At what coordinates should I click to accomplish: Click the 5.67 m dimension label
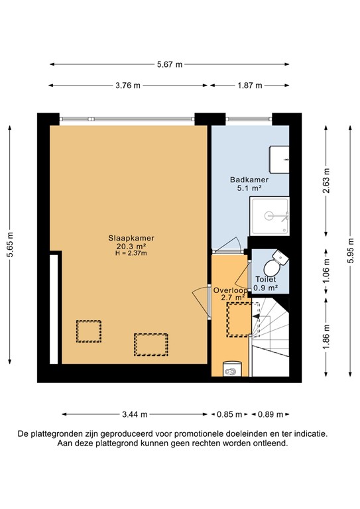(x=169, y=64)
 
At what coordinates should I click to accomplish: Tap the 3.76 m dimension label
(x=128, y=85)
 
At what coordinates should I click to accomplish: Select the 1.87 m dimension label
(x=250, y=85)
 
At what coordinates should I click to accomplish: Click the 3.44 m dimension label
(x=135, y=414)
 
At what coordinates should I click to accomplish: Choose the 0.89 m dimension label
(x=270, y=414)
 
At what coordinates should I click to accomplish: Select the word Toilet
(x=267, y=280)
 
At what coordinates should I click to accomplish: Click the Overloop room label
(x=230, y=290)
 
